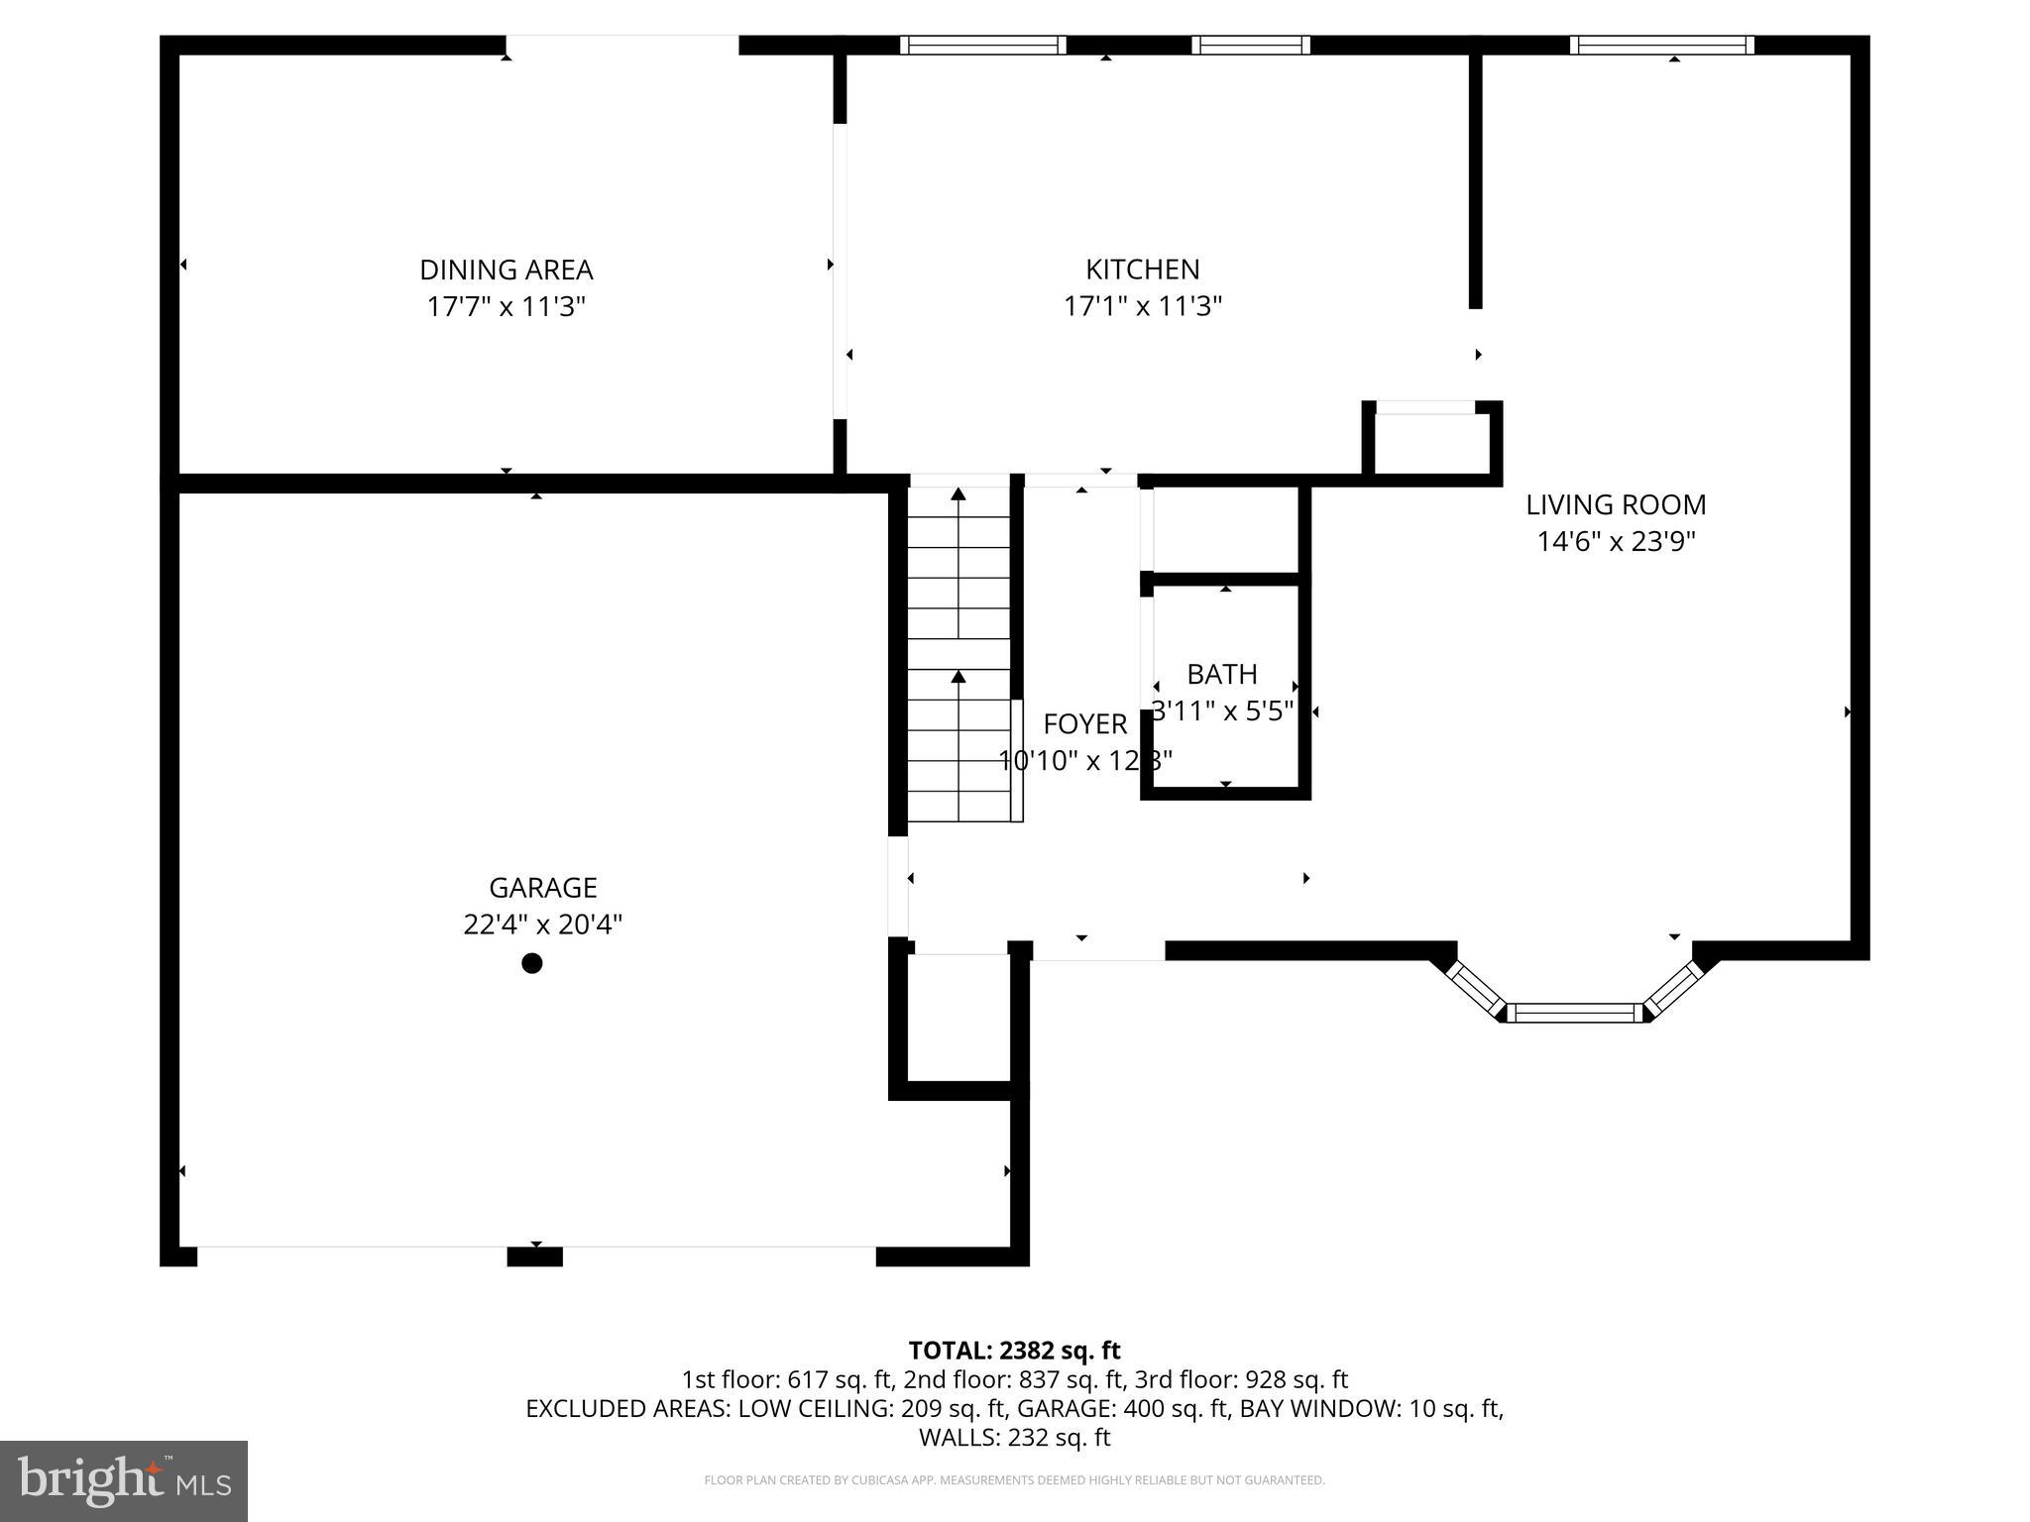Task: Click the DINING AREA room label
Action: pyautogui.click(x=506, y=270)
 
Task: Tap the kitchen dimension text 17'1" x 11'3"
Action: pyautogui.click(x=1142, y=306)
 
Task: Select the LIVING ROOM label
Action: pyautogui.click(x=1615, y=504)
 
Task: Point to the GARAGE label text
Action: pyautogui.click(x=542, y=887)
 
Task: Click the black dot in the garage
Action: pyautogui.click(x=532, y=963)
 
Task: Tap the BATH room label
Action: pyautogui.click(x=1221, y=674)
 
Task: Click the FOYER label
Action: pyautogui.click(x=1084, y=724)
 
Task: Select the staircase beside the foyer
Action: pyautogui.click(x=959, y=654)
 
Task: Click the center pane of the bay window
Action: pyautogui.click(x=1575, y=1012)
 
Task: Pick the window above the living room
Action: pyautogui.click(x=1661, y=45)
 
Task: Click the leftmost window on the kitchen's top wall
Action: pyautogui.click(x=982, y=45)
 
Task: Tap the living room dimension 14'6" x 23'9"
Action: pyautogui.click(x=1616, y=542)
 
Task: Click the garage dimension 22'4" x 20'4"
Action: pyautogui.click(x=542, y=924)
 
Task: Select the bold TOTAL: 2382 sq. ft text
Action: pyautogui.click(x=1014, y=1350)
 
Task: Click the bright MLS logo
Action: pyautogui.click(x=124, y=1480)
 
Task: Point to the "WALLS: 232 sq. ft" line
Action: pyautogui.click(x=1014, y=1437)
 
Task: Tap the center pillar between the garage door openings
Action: pyautogui.click(x=534, y=1256)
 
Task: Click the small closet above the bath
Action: pyautogui.click(x=1225, y=530)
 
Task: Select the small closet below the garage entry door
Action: pyautogui.click(x=958, y=1019)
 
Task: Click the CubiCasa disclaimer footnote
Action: pyautogui.click(x=1014, y=1480)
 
